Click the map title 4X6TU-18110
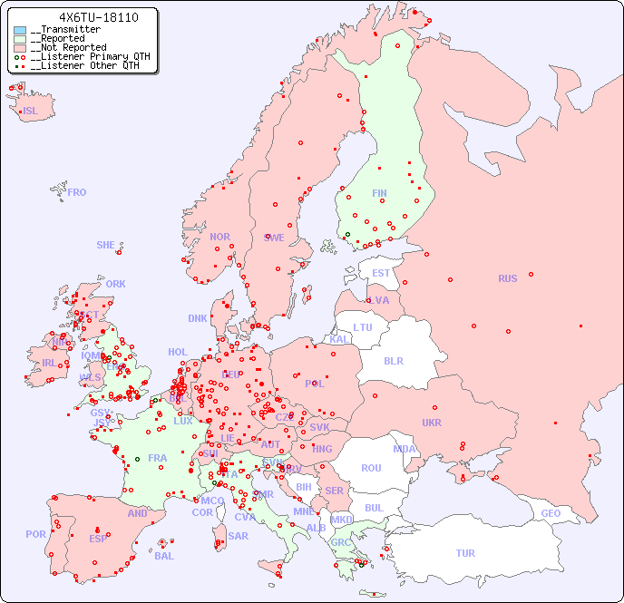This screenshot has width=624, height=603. coord(86,17)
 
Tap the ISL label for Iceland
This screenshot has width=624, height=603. coord(31,112)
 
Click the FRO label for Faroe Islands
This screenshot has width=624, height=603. coord(77,192)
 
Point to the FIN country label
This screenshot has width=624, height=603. coord(379,193)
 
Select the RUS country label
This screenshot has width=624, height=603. coord(507,278)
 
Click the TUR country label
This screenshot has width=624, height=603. coord(465,553)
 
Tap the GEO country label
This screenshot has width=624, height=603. coord(551,513)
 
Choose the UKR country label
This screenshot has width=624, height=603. coord(432,423)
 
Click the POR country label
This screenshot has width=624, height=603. coord(35,534)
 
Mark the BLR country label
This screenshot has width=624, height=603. coord(393,360)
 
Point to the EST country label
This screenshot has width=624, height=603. coord(381,273)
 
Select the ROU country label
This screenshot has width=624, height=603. coord(371,468)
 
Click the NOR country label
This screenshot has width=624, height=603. coord(219,237)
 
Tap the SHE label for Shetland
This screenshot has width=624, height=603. coord(106,245)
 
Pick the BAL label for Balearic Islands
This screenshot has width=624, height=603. coord(164,556)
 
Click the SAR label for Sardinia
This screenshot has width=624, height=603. coord(238,536)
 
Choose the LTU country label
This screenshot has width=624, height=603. coord(363,327)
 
